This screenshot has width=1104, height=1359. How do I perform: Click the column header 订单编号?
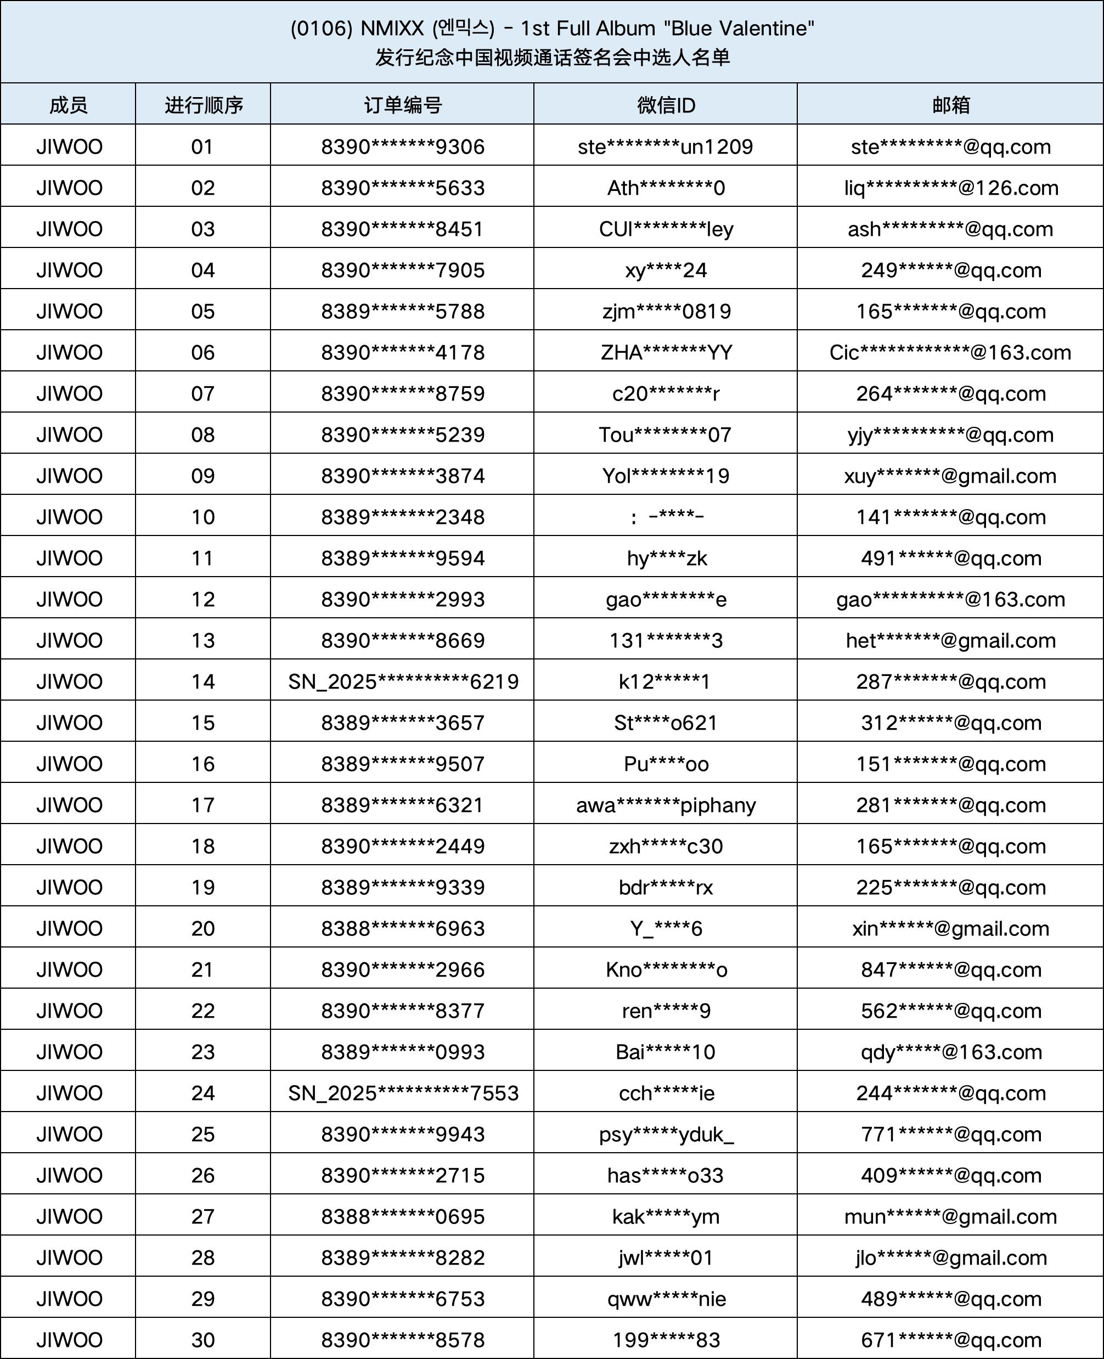tap(403, 105)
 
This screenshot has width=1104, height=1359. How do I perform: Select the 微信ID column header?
tap(666, 105)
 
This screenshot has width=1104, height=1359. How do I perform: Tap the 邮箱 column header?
tap(951, 105)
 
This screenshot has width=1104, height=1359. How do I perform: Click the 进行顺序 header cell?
tap(204, 105)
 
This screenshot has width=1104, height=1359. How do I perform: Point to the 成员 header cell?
tap(69, 105)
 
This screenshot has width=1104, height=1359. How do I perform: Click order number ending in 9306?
tap(403, 147)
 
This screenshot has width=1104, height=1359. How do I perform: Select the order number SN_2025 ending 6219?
tap(403, 682)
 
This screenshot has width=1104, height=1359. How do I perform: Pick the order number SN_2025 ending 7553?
tap(403, 1093)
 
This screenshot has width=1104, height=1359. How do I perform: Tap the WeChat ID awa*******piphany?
tap(666, 805)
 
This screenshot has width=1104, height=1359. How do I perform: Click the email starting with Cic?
tap(950, 352)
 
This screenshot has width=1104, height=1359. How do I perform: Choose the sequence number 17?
tap(203, 805)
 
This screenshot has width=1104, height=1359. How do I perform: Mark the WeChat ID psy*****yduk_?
tap(666, 1135)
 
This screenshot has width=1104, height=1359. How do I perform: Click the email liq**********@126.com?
tap(951, 188)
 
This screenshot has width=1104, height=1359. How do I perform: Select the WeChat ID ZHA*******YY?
tap(666, 352)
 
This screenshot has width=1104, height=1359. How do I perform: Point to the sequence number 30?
tap(203, 1340)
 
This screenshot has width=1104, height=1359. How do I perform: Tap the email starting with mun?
tap(950, 1216)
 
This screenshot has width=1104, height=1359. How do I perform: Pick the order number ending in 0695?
tap(403, 1216)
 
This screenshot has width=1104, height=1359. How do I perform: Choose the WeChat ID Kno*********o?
tap(666, 970)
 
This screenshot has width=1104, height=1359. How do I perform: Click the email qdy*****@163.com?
tap(951, 1052)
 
